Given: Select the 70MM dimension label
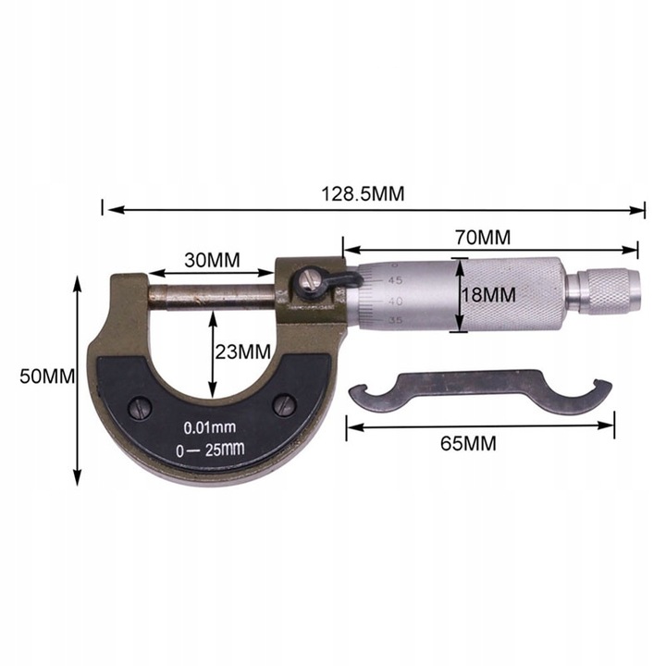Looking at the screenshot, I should tap(482, 237).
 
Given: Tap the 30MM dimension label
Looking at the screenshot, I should tap(211, 260).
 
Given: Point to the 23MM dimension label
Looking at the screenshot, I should tap(242, 351).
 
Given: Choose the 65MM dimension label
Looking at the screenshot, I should tap(468, 443).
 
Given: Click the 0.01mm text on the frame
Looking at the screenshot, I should tap(210, 428).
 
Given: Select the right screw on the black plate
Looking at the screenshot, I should tap(285, 404).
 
